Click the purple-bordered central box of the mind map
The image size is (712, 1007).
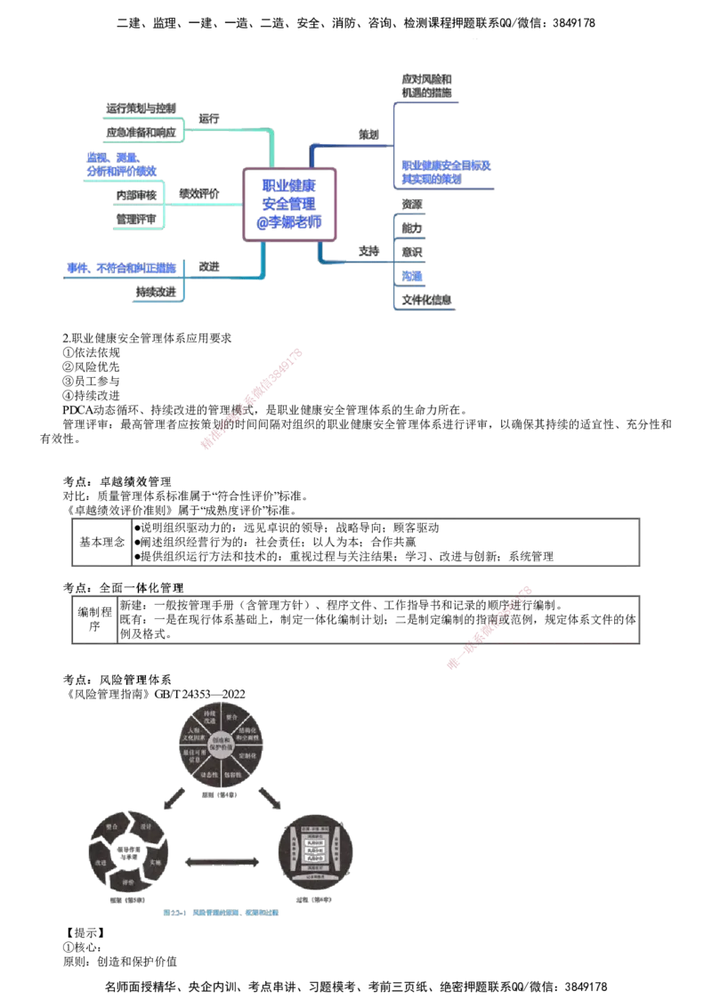tap(291, 204)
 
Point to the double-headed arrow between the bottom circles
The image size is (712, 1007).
tap(223, 860)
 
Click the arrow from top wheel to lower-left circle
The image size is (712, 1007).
tap(175, 798)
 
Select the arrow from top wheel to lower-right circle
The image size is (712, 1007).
tap(269, 798)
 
